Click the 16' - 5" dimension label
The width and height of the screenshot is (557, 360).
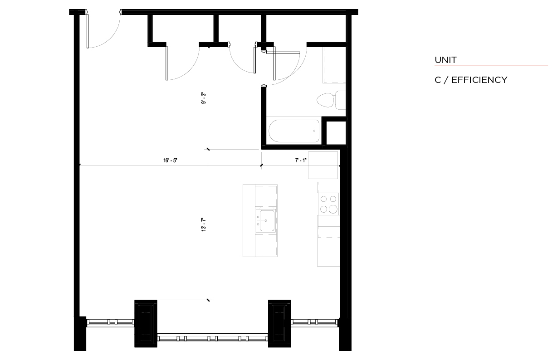[x=170, y=161]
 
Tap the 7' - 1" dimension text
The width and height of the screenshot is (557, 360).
[x=301, y=161]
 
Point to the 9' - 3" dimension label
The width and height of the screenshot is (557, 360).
[x=204, y=98]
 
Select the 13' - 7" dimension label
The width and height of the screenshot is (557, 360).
[x=204, y=225]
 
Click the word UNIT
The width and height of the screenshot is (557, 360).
[x=445, y=60]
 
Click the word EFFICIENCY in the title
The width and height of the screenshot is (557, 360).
[x=479, y=80]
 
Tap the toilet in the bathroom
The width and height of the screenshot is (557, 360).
[x=331, y=100]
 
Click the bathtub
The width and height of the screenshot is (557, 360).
[x=294, y=131]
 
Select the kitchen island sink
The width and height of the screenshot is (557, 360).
[x=265, y=221]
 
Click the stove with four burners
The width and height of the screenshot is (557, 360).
[x=328, y=204]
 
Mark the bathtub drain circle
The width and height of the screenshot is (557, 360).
[x=314, y=131]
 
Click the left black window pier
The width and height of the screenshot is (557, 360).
[x=146, y=323]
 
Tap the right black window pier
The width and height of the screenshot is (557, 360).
[x=279, y=323]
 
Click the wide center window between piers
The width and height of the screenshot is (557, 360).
[x=213, y=338]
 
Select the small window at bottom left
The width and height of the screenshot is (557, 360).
[x=110, y=322]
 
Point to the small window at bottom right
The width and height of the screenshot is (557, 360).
[x=315, y=322]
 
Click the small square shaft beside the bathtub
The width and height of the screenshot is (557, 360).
[x=336, y=133]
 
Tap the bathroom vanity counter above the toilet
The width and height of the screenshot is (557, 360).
[x=334, y=65]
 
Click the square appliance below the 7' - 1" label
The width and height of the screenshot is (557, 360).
[x=323, y=165]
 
